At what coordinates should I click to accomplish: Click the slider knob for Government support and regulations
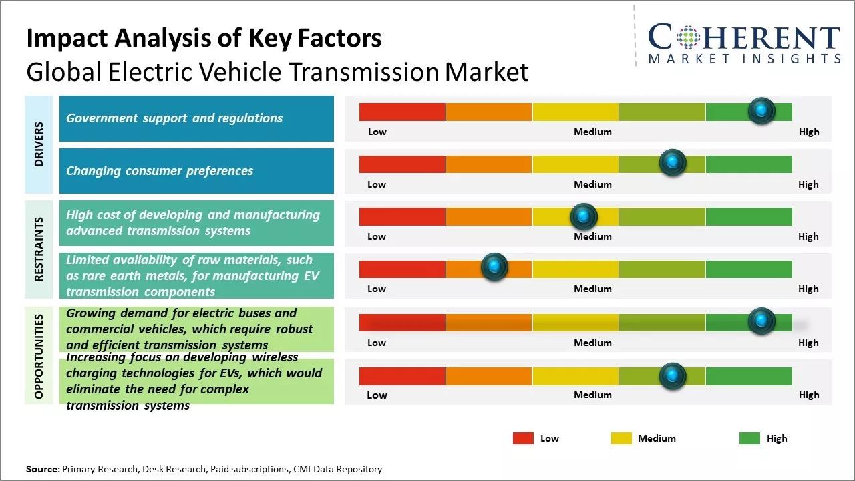(761, 111)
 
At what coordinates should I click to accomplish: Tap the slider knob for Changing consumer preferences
(673, 163)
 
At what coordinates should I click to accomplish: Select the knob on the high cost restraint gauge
(584, 216)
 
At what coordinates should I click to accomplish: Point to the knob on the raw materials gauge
(495, 267)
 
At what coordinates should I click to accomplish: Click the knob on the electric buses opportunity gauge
(761, 321)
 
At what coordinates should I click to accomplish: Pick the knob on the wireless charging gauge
(673, 377)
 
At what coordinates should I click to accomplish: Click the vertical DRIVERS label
(39, 144)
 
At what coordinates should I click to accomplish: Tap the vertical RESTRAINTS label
(39, 249)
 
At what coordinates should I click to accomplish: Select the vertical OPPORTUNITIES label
(39, 356)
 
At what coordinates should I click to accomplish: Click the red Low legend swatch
(523, 438)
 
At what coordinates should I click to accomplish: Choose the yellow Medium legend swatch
(621, 438)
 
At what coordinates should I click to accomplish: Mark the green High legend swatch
(749, 438)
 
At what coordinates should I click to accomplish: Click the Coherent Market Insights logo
(743, 44)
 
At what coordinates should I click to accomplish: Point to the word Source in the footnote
(42, 469)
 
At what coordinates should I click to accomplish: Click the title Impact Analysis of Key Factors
(204, 38)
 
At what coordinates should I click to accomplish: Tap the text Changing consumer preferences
(160, 171)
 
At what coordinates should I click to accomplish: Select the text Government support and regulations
(174, 118)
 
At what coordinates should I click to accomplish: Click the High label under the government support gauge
(808, 132)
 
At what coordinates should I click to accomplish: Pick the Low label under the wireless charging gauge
(377, 395)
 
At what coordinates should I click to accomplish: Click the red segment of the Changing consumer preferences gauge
(402, 164)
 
